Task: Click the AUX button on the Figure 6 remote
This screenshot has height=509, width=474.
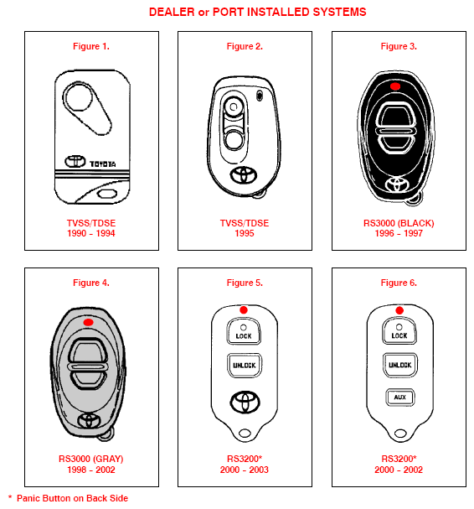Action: click(x=399, y=397)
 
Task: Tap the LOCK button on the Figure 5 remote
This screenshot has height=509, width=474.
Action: click(x=244, y=331)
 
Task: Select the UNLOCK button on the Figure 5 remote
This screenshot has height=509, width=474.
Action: click(x=245, y=366)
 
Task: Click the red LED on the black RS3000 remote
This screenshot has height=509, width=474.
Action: click(x=395, y=86)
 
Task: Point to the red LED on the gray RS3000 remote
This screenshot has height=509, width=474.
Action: click(x=88, y=322)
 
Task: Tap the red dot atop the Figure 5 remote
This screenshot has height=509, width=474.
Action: click(x=244, y=310)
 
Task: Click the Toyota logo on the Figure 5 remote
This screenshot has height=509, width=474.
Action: click(x=245, y=403)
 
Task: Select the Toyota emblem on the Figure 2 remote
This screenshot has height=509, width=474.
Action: click(x=244, y=175)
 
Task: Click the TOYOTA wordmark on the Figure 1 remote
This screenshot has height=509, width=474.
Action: click(x=102, y=164)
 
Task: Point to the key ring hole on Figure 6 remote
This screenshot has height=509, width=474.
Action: click(x=400, y=434)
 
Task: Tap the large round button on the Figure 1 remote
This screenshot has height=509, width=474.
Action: click(x=78, y=96)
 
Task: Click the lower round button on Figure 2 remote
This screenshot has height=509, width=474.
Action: click(x=234, y=139)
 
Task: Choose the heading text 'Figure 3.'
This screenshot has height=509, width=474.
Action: click(x=399, y=46)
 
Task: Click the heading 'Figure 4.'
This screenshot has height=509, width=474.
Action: click(x=91, y=283)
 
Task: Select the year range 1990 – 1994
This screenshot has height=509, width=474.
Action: click(x=91, y=233)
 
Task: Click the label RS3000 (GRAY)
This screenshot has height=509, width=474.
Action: click(x=91, y=459)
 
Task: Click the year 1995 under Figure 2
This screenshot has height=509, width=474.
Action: click(x=245, y=233)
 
